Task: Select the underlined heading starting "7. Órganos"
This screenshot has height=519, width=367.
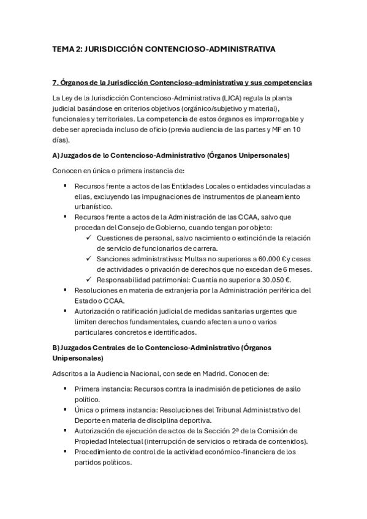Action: pos(183,82)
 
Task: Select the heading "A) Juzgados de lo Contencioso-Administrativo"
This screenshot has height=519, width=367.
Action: pos(172,155)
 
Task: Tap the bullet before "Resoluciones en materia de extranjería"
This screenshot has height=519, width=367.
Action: pos(65,290)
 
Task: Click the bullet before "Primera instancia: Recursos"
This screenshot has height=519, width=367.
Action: pos(65,389)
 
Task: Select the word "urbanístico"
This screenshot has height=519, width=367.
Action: pos(93,207)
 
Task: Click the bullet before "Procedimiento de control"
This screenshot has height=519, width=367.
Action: pos(65,452)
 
